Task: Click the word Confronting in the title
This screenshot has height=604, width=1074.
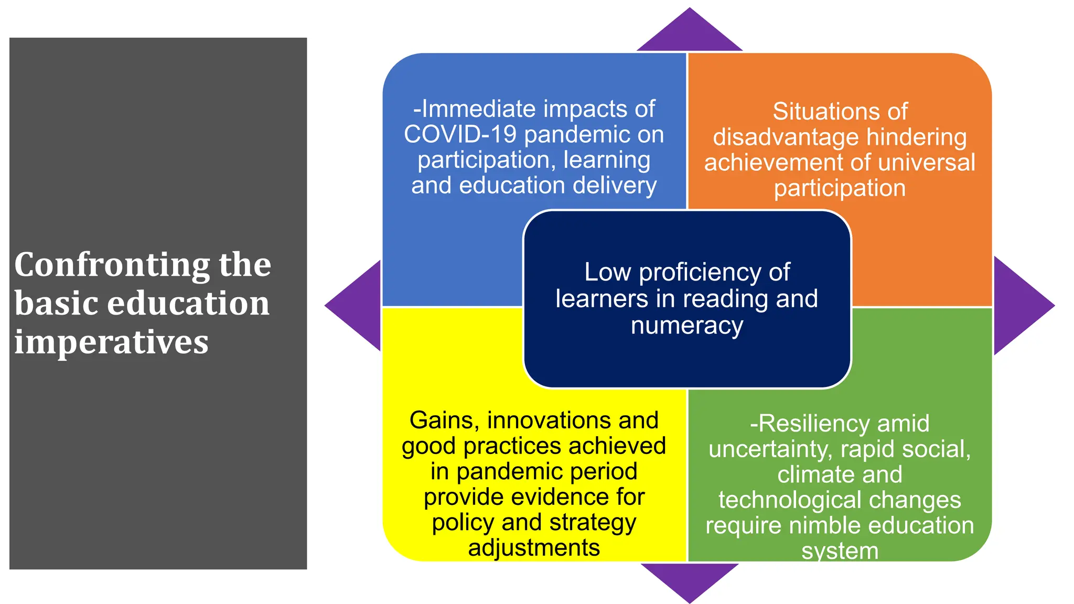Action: [111, 265]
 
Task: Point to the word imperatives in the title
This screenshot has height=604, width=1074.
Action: [111, 342]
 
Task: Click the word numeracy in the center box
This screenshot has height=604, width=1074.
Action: [687, 326]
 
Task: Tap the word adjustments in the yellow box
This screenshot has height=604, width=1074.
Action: [534, 548]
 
